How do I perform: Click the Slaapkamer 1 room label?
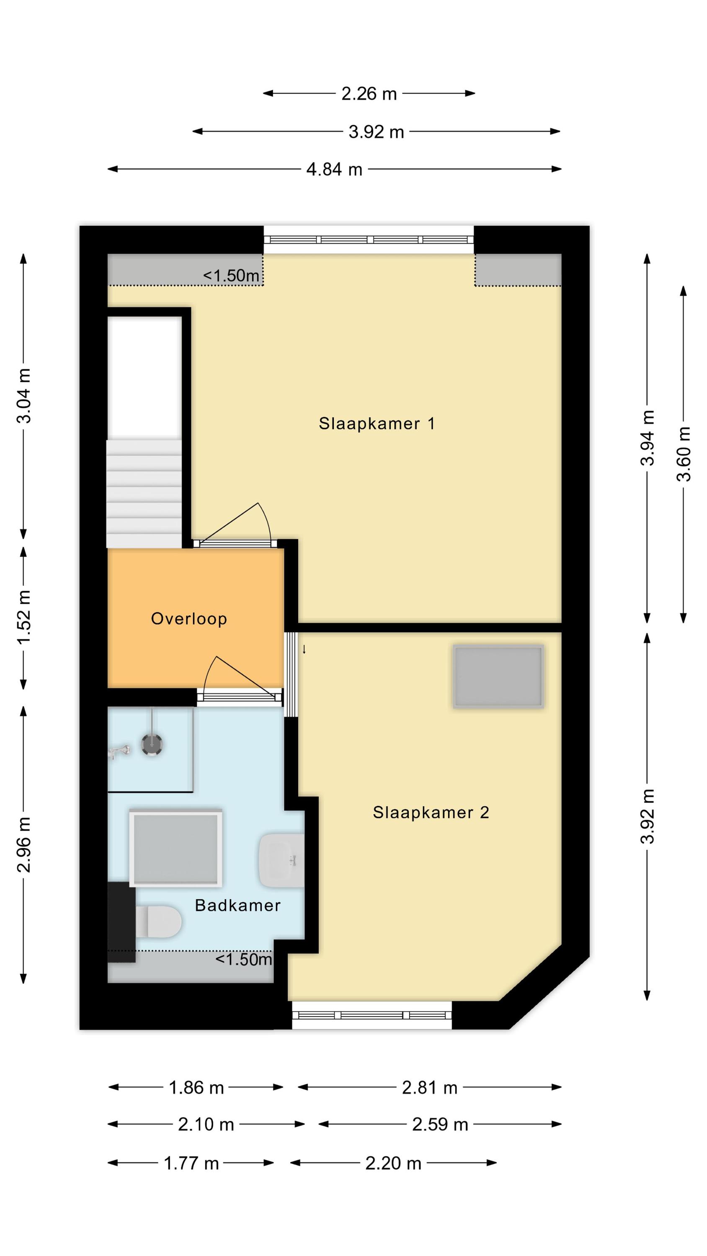[376, 423]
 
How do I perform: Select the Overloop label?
[189, 619]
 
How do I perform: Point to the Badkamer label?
[237, 906]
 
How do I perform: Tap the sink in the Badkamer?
[281, 860]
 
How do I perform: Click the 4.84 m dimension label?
[334, 169]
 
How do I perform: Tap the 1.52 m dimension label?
[23, 617]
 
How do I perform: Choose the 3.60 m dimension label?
[683, 454]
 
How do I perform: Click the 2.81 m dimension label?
[429, 1088]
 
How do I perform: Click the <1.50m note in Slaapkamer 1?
[231, 275]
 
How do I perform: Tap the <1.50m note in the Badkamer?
[243, 959]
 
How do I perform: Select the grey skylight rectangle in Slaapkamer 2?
[498, 676]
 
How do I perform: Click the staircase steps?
[144, 494]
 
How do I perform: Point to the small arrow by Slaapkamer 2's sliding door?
[304, 649]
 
